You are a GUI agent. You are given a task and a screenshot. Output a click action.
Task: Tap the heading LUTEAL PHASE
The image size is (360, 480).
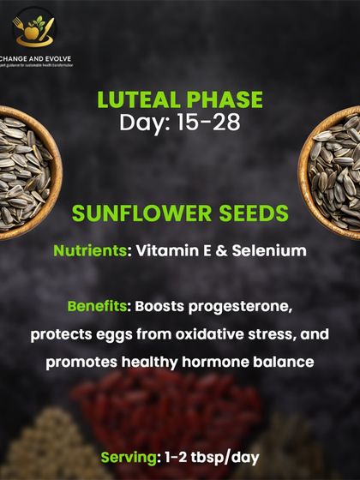coord(180,100)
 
